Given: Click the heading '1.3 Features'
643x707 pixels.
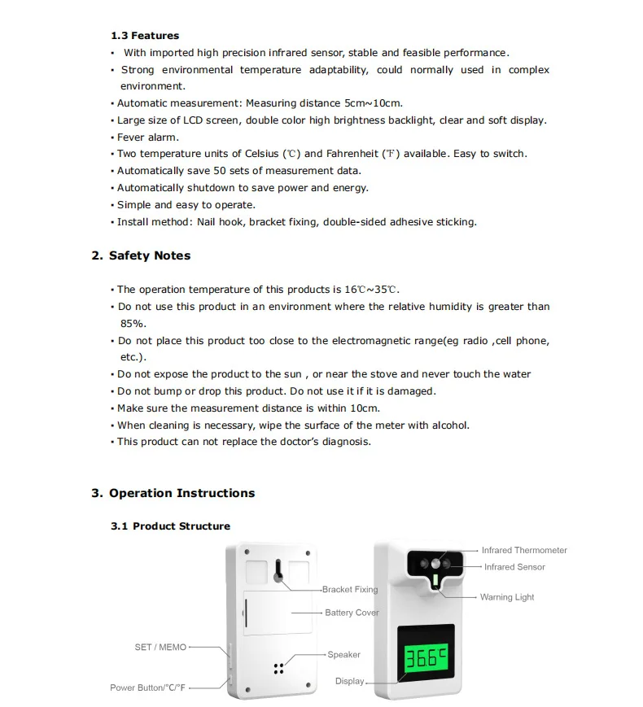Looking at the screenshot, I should pos(145,36).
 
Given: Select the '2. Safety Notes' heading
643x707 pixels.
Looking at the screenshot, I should pos(141,255).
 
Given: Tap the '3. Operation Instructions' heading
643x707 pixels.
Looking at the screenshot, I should pos(173,493).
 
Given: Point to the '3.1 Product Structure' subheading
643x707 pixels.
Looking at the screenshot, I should pos(170,526).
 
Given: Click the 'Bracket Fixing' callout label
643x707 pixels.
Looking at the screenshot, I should pos(350,590).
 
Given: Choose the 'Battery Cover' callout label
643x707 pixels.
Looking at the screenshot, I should pos(352,613).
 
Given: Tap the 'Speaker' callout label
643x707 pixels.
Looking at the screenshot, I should pos(343,654).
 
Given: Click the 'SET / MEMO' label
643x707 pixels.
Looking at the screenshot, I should pos(160,648).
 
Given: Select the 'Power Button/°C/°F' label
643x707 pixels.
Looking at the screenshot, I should pos(148,687).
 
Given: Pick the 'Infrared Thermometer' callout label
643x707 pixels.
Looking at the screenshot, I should pos(524,551).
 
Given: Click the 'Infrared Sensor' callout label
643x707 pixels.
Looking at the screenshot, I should pos(514,567).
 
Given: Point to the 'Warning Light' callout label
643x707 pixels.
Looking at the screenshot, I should pos(507,597).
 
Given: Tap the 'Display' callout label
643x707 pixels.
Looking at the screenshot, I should pos(350,681).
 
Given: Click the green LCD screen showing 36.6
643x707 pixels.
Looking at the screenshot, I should pos(426,657).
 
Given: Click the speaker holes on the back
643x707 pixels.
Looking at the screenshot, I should pos(278,668).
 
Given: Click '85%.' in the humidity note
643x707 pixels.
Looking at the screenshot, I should pos(133,324).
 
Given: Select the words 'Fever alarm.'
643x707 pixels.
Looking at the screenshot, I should pos(148,137).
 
